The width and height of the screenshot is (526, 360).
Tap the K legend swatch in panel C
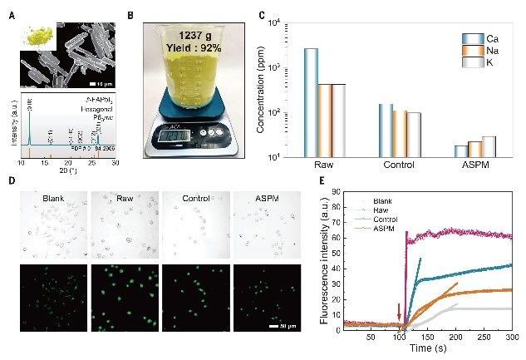[x=473, y=62]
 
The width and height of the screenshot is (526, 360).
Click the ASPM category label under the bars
[x=476, y=165]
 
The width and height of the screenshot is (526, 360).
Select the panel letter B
[x=130, y=15]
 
